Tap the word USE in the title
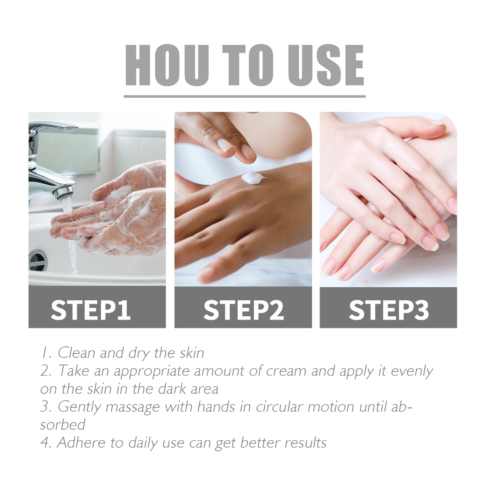tap(326, 65)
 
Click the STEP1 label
tap(91, 310)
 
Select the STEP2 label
tap(243, 310)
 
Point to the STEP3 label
tap(389, 310)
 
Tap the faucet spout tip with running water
tap(64, 193)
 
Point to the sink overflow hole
tap(38, 261)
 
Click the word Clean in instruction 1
tap(76, 353)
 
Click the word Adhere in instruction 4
tap(80, 443)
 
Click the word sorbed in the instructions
tap(63, 425)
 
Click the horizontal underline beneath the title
tap(245, 96)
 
